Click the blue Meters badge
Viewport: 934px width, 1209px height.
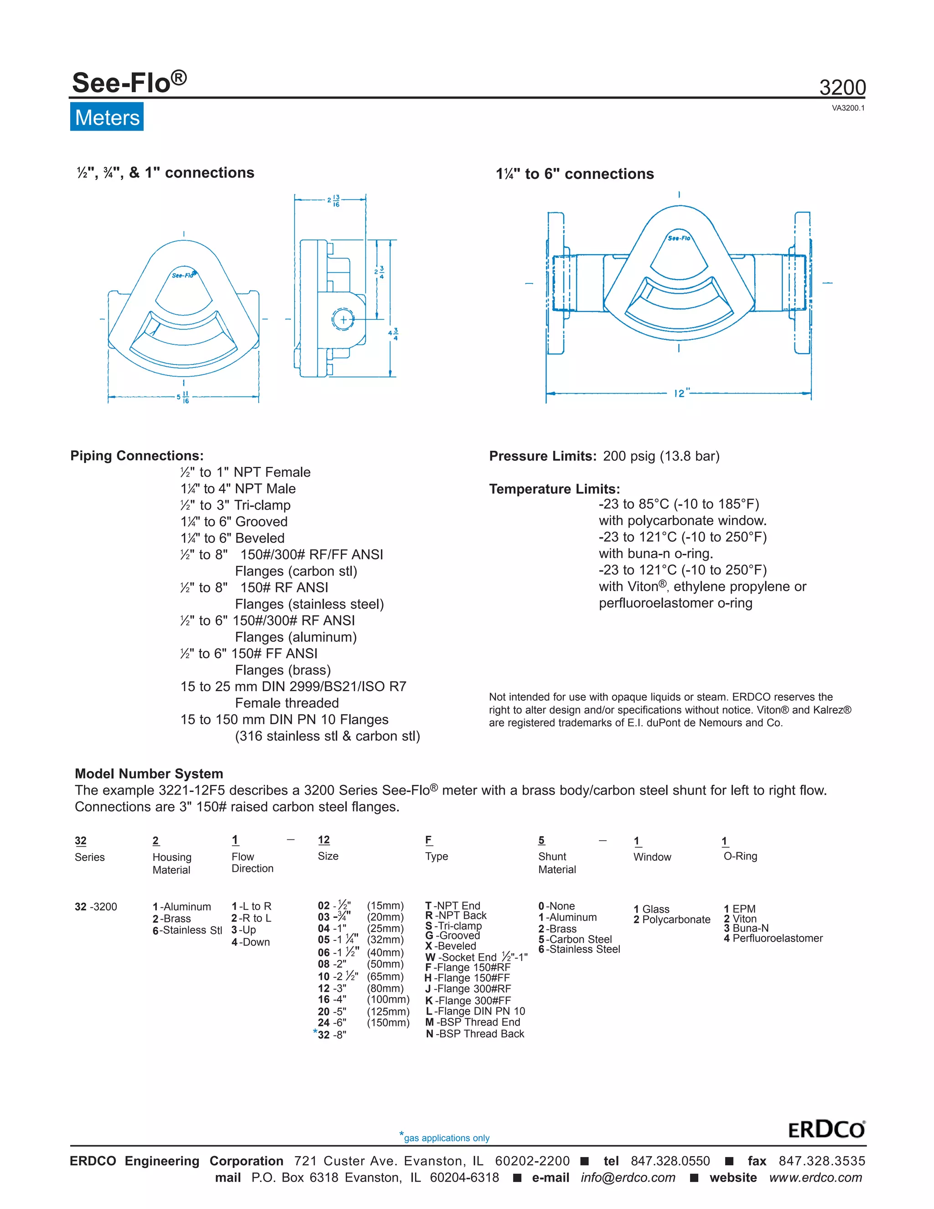pyautogui.click(x=107, y=117)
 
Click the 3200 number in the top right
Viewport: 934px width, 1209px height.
pyautogui.click(x=842, y=88)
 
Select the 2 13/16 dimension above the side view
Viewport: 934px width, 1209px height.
pyautogui.click(x=334, y=201)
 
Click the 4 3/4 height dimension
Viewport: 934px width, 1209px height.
pyautogui.click(x=394, y=334)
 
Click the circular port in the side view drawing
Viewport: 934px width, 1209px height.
pyautogui.click(x=343, y=319)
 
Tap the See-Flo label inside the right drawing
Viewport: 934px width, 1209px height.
pyautogui.click(x=679, y=238)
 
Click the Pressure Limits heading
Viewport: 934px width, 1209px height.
pyautogui.click(x=542, y=456)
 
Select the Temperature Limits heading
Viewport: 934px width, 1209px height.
pyautogui.click(x=555, y=489)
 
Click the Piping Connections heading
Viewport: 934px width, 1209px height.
pyautogui.click(x=137, y=456)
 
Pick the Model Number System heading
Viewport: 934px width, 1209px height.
pyautogui.click(x=149, y=773)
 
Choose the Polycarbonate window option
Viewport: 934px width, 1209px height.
pyautogui.click(x=672, y=919)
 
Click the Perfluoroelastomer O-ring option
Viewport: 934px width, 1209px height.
pyautogui.click(x=773, y=938)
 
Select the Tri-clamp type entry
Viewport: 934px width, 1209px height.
pyautogui.click(x=453, y=926)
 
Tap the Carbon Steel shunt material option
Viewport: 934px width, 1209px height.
pyautogui.click(x=575, y=939)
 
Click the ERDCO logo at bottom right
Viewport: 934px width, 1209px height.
pyautogui.click(x=826, y=1129)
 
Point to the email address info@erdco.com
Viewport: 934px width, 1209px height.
pyautogui.click(x=628, y=1178)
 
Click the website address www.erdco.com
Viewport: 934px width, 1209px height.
pyautogui.click(x=815, y=1178)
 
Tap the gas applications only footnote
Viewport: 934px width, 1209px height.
pyautogui.click(x=446, y=1138)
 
